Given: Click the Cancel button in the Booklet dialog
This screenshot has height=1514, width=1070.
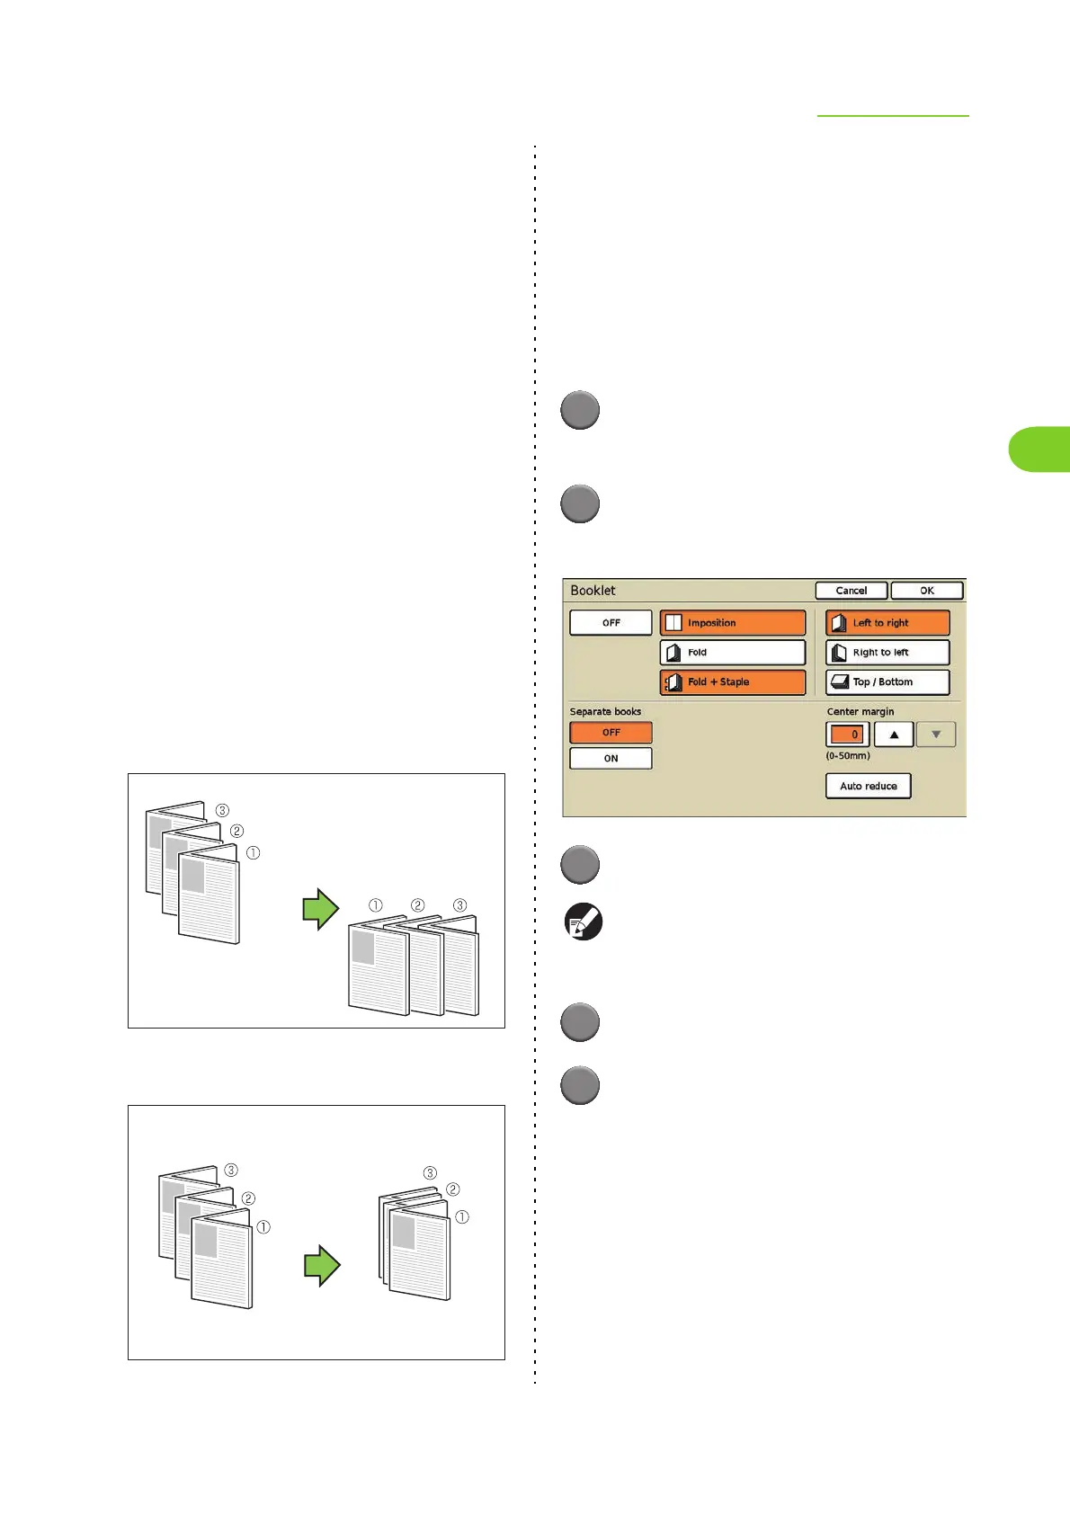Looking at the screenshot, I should tap(851, 591).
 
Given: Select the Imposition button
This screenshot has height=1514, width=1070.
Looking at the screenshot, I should tap(732, 623).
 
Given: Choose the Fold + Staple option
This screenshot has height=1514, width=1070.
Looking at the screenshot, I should tap(732, 682).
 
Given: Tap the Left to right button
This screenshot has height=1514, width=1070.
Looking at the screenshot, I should tap(887, 623).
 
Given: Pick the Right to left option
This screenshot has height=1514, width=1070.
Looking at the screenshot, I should tap(887, 653).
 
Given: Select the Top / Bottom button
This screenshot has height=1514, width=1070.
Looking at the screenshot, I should tap(887, 682).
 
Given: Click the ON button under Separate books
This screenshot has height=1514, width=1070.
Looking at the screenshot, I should tap(611, 759).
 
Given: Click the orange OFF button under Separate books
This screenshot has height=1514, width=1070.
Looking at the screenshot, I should tap(611, 733).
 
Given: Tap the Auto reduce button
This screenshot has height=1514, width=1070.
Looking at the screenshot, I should tap(868, 786).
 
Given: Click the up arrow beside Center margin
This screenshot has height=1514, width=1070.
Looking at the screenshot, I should tap(894, 735).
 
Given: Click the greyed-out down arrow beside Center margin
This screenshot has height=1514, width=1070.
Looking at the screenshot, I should tap(936, 735).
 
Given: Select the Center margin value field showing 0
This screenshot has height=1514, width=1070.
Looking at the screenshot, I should tap(847, 735).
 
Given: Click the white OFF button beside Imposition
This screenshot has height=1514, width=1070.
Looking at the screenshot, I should tap(611, 623).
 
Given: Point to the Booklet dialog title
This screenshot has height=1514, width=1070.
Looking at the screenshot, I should tap(593, 591).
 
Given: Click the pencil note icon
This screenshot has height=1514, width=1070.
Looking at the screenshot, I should tap(583, 922).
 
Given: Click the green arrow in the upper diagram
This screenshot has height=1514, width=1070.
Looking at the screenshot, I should tap(320, 909).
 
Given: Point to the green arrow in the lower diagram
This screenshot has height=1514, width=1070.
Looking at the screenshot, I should tap(322, 1266).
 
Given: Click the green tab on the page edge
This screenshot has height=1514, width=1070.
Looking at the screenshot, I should tap(1039, 450).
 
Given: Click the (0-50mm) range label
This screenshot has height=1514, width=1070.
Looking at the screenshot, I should tap(848, 756).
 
